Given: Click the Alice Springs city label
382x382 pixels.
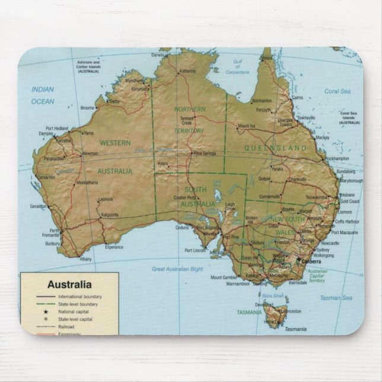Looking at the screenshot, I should point(204,153).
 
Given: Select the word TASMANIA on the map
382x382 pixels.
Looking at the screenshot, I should point(249,311).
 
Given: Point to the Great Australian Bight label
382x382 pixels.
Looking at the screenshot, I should point(177,269).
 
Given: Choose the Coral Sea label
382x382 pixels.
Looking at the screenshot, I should point(337,91).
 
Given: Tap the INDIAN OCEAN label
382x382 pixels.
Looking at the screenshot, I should point(43,95).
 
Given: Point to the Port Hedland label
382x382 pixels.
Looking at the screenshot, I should point(57,128).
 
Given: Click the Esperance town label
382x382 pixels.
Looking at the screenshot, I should point(114,247).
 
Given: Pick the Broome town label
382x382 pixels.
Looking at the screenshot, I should point(87,108).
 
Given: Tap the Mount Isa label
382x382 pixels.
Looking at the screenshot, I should point(246,126).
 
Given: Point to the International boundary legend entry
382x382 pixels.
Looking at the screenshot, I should point(79,297).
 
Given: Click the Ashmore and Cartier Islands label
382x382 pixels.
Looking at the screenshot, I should point(88,66).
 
